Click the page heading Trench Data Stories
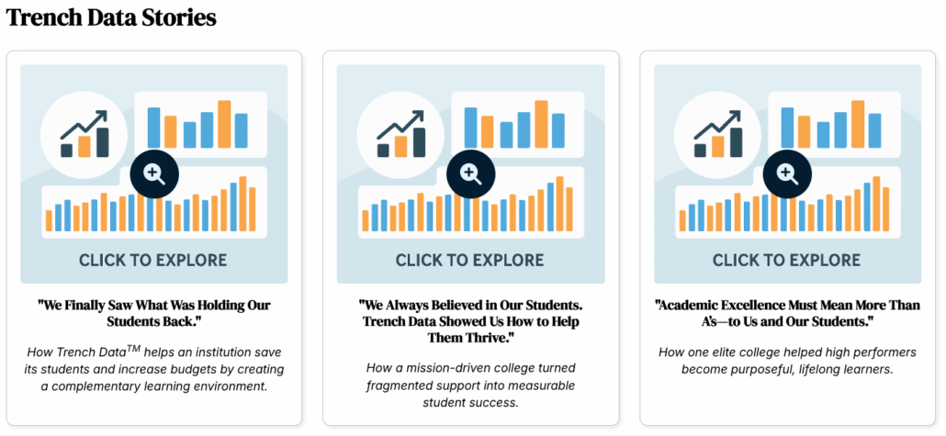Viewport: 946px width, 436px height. [x=111, y=17]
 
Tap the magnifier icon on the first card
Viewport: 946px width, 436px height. [x=154, y=173]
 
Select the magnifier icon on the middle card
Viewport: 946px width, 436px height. [x=470, y=173]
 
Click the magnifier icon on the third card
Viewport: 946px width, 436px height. [x=787, y=173]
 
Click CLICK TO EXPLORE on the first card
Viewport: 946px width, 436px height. [x=153, y=261]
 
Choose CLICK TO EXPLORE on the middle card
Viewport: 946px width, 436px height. [x=470, y=261]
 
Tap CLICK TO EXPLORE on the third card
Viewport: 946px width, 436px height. [x=787, y=261]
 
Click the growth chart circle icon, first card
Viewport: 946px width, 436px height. [x=84, y=135]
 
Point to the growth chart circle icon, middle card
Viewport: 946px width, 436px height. [x=400, y=135]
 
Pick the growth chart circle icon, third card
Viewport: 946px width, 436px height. [x=717, y=135]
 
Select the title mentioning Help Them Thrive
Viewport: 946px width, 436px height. [x=470, y=320]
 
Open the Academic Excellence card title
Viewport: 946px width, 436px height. [x=787, y=312]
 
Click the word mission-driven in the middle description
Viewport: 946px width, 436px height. [x=455, y=368]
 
